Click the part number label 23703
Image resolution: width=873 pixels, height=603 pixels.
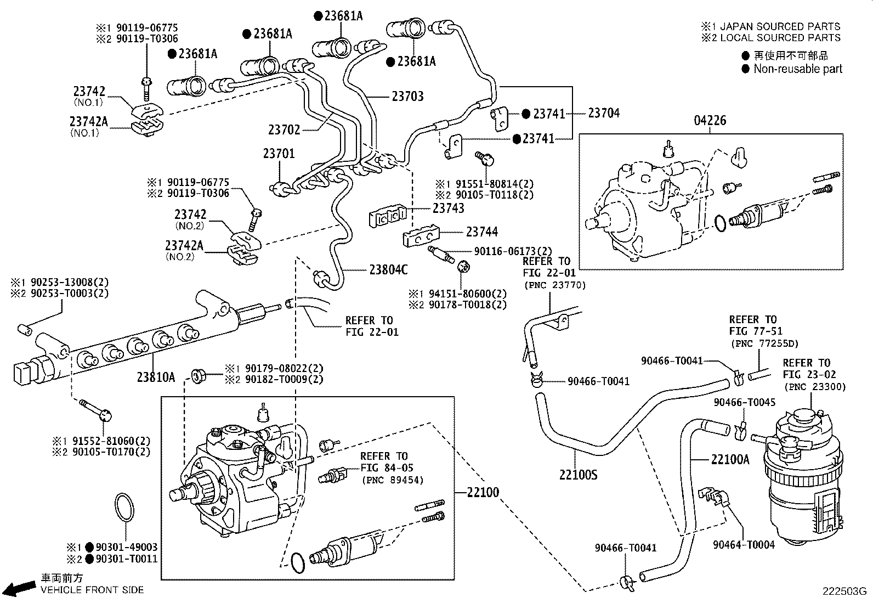[x=407, y=97]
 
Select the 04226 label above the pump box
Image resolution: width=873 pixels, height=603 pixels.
[x=710, y=121]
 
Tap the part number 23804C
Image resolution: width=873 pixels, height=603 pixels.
[x=388, y=269]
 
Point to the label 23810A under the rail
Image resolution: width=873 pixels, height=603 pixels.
[x=156, y=377]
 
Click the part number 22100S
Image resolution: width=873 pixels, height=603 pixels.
[x=579, y=475]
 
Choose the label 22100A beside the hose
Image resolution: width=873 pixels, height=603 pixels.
[x=730, y=459]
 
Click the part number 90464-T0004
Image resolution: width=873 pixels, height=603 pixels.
[x=744, y=544]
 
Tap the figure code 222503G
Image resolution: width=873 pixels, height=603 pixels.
[x=844, y=591]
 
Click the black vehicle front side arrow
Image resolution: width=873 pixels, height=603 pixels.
[x=21, y=588]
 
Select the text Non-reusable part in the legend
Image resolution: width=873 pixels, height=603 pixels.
[x=798, y=69]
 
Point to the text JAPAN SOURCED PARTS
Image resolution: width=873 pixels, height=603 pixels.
[x=780, y=26]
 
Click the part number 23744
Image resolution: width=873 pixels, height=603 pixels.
[x=482, y=232]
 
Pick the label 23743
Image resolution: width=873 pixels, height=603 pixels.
[x=449, y=208]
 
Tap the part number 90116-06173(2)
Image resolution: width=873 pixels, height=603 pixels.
[x=513, y=251]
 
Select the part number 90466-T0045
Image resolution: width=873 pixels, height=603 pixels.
[x=744, y=402]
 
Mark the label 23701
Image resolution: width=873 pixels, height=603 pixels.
[x=279, y=154]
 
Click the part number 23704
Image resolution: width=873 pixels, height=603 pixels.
[x=604, y=113]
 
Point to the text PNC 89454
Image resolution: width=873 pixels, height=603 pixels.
[x=393, y=480]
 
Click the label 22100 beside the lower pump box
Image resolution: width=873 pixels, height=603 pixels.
[x=483, y=492]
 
